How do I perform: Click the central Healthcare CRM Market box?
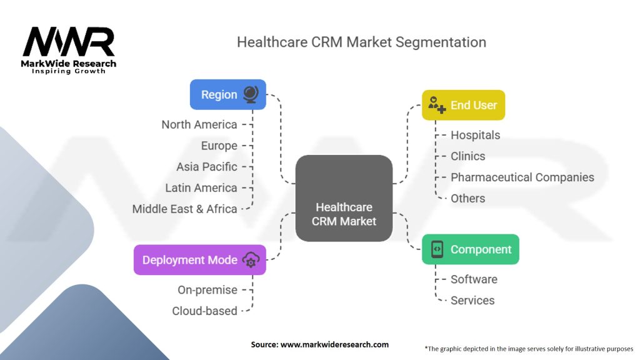[344, 199]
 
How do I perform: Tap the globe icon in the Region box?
[250, 95]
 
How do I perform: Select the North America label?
[199, 124]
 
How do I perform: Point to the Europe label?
[219, 146]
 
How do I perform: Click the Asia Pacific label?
[207, 167]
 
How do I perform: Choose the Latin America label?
[201, 187]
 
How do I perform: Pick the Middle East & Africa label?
[185, 209]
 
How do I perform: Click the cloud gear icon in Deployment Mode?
[250, 261]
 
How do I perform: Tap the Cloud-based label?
[205, 311]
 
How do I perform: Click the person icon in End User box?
[436, 106]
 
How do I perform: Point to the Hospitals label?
[476, 135]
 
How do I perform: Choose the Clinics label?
[468, 156]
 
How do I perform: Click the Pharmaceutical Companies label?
[522, 177]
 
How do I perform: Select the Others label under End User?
[468, 198]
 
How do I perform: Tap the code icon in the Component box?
[437, 249]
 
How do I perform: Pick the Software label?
[474, 279]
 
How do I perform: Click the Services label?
[472, 301]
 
